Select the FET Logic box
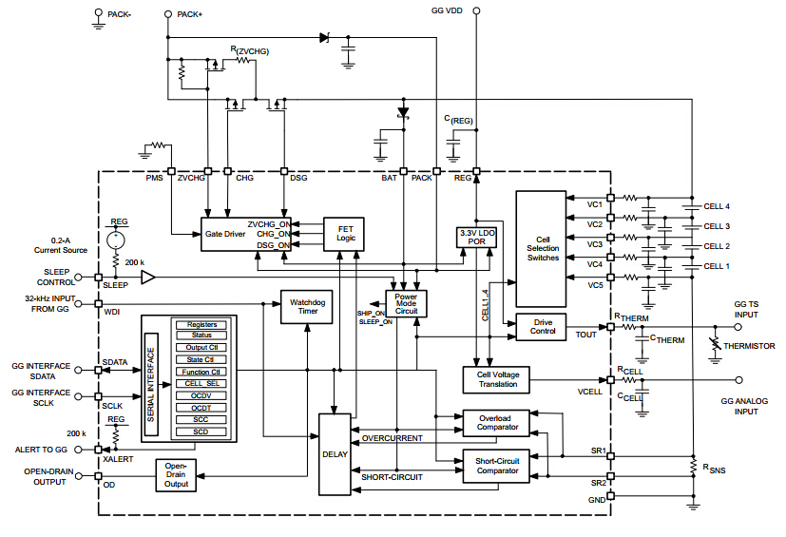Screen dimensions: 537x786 [x=344, y=234]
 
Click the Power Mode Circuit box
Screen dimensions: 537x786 [x=407, y=303]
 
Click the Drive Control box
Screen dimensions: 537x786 [x=542, y=327]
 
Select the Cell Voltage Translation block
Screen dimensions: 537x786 [x=497, y=379]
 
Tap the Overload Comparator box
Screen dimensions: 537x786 [x=497, y=423]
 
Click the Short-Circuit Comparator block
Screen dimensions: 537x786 [x=497, y=465]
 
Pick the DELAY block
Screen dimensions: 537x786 [x=335, y=454]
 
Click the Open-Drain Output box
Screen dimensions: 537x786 [x=176, y=475]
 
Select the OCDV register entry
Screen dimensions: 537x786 [x=201, y=395]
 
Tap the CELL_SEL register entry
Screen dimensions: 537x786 [x=201, y=384]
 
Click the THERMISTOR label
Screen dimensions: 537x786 [x=749, y=347]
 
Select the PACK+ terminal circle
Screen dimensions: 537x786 [x=168, y=14]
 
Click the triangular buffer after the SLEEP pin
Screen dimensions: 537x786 [x=148, y=278]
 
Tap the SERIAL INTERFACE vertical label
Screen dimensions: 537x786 [x=150, y=378]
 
